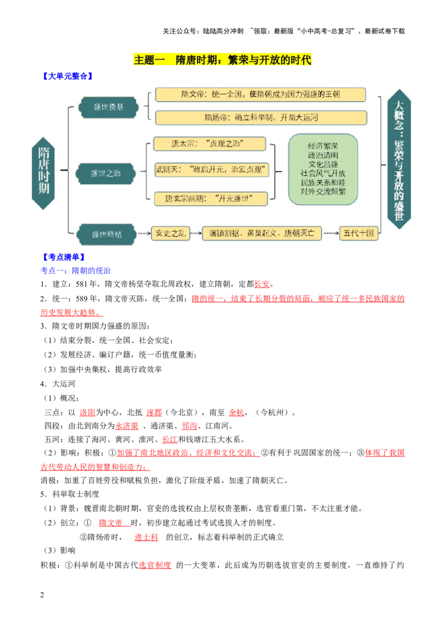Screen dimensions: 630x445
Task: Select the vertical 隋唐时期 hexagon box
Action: click(43, 173)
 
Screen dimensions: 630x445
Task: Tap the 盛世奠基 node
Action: click(107, 107)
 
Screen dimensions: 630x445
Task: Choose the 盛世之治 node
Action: click(106, 173)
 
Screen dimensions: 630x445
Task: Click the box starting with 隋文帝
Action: click(260, 95)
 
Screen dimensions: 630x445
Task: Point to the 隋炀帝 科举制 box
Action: click(260, 117)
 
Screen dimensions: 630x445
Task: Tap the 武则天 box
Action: click(211, 170)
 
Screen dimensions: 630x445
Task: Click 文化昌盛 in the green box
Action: click(323, 165)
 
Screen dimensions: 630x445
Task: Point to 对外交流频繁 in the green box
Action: click(323, 191)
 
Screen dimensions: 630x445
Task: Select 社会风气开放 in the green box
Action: click(323, 173)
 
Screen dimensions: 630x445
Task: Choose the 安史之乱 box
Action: click(170, 233)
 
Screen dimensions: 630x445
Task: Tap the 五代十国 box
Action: click(359, 233)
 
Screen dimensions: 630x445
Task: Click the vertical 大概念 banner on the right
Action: click(399, 159)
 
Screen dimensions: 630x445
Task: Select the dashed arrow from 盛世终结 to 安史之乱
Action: click(144, 233)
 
